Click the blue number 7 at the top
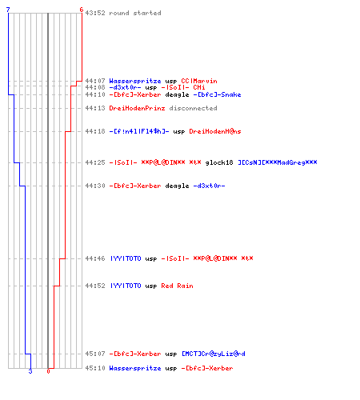8,10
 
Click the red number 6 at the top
82,10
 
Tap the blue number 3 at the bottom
30,371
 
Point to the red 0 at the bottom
48,371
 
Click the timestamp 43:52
95,13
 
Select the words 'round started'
135,13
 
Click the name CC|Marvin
199,81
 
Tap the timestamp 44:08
95,87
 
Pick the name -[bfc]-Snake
217,94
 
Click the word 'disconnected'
194,108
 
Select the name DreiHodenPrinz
137,108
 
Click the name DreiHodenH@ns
215,131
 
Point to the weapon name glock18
219,162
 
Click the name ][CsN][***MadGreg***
278,162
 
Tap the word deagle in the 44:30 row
177,186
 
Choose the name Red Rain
177,286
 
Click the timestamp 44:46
95,258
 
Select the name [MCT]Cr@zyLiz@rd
214,354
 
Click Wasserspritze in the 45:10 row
135,368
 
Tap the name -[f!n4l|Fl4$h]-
139,131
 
